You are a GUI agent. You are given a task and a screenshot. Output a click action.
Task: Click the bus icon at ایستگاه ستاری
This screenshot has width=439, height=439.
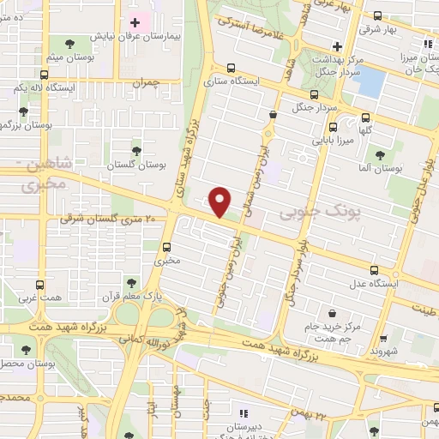point(231,69)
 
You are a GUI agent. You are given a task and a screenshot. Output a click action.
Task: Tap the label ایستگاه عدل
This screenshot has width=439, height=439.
point(371,283)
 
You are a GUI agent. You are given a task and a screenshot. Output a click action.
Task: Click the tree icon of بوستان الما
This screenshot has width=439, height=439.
point(379,155)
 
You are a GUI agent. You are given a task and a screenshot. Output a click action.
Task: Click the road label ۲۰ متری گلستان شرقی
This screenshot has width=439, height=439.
point(107,219)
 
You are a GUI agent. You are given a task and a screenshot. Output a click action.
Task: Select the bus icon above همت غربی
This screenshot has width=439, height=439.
point(40,283)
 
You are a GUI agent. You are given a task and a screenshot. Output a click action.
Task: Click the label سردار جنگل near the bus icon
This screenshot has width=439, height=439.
point(314,107)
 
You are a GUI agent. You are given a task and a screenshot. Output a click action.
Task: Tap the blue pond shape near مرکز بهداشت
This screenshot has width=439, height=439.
point(371,82)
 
